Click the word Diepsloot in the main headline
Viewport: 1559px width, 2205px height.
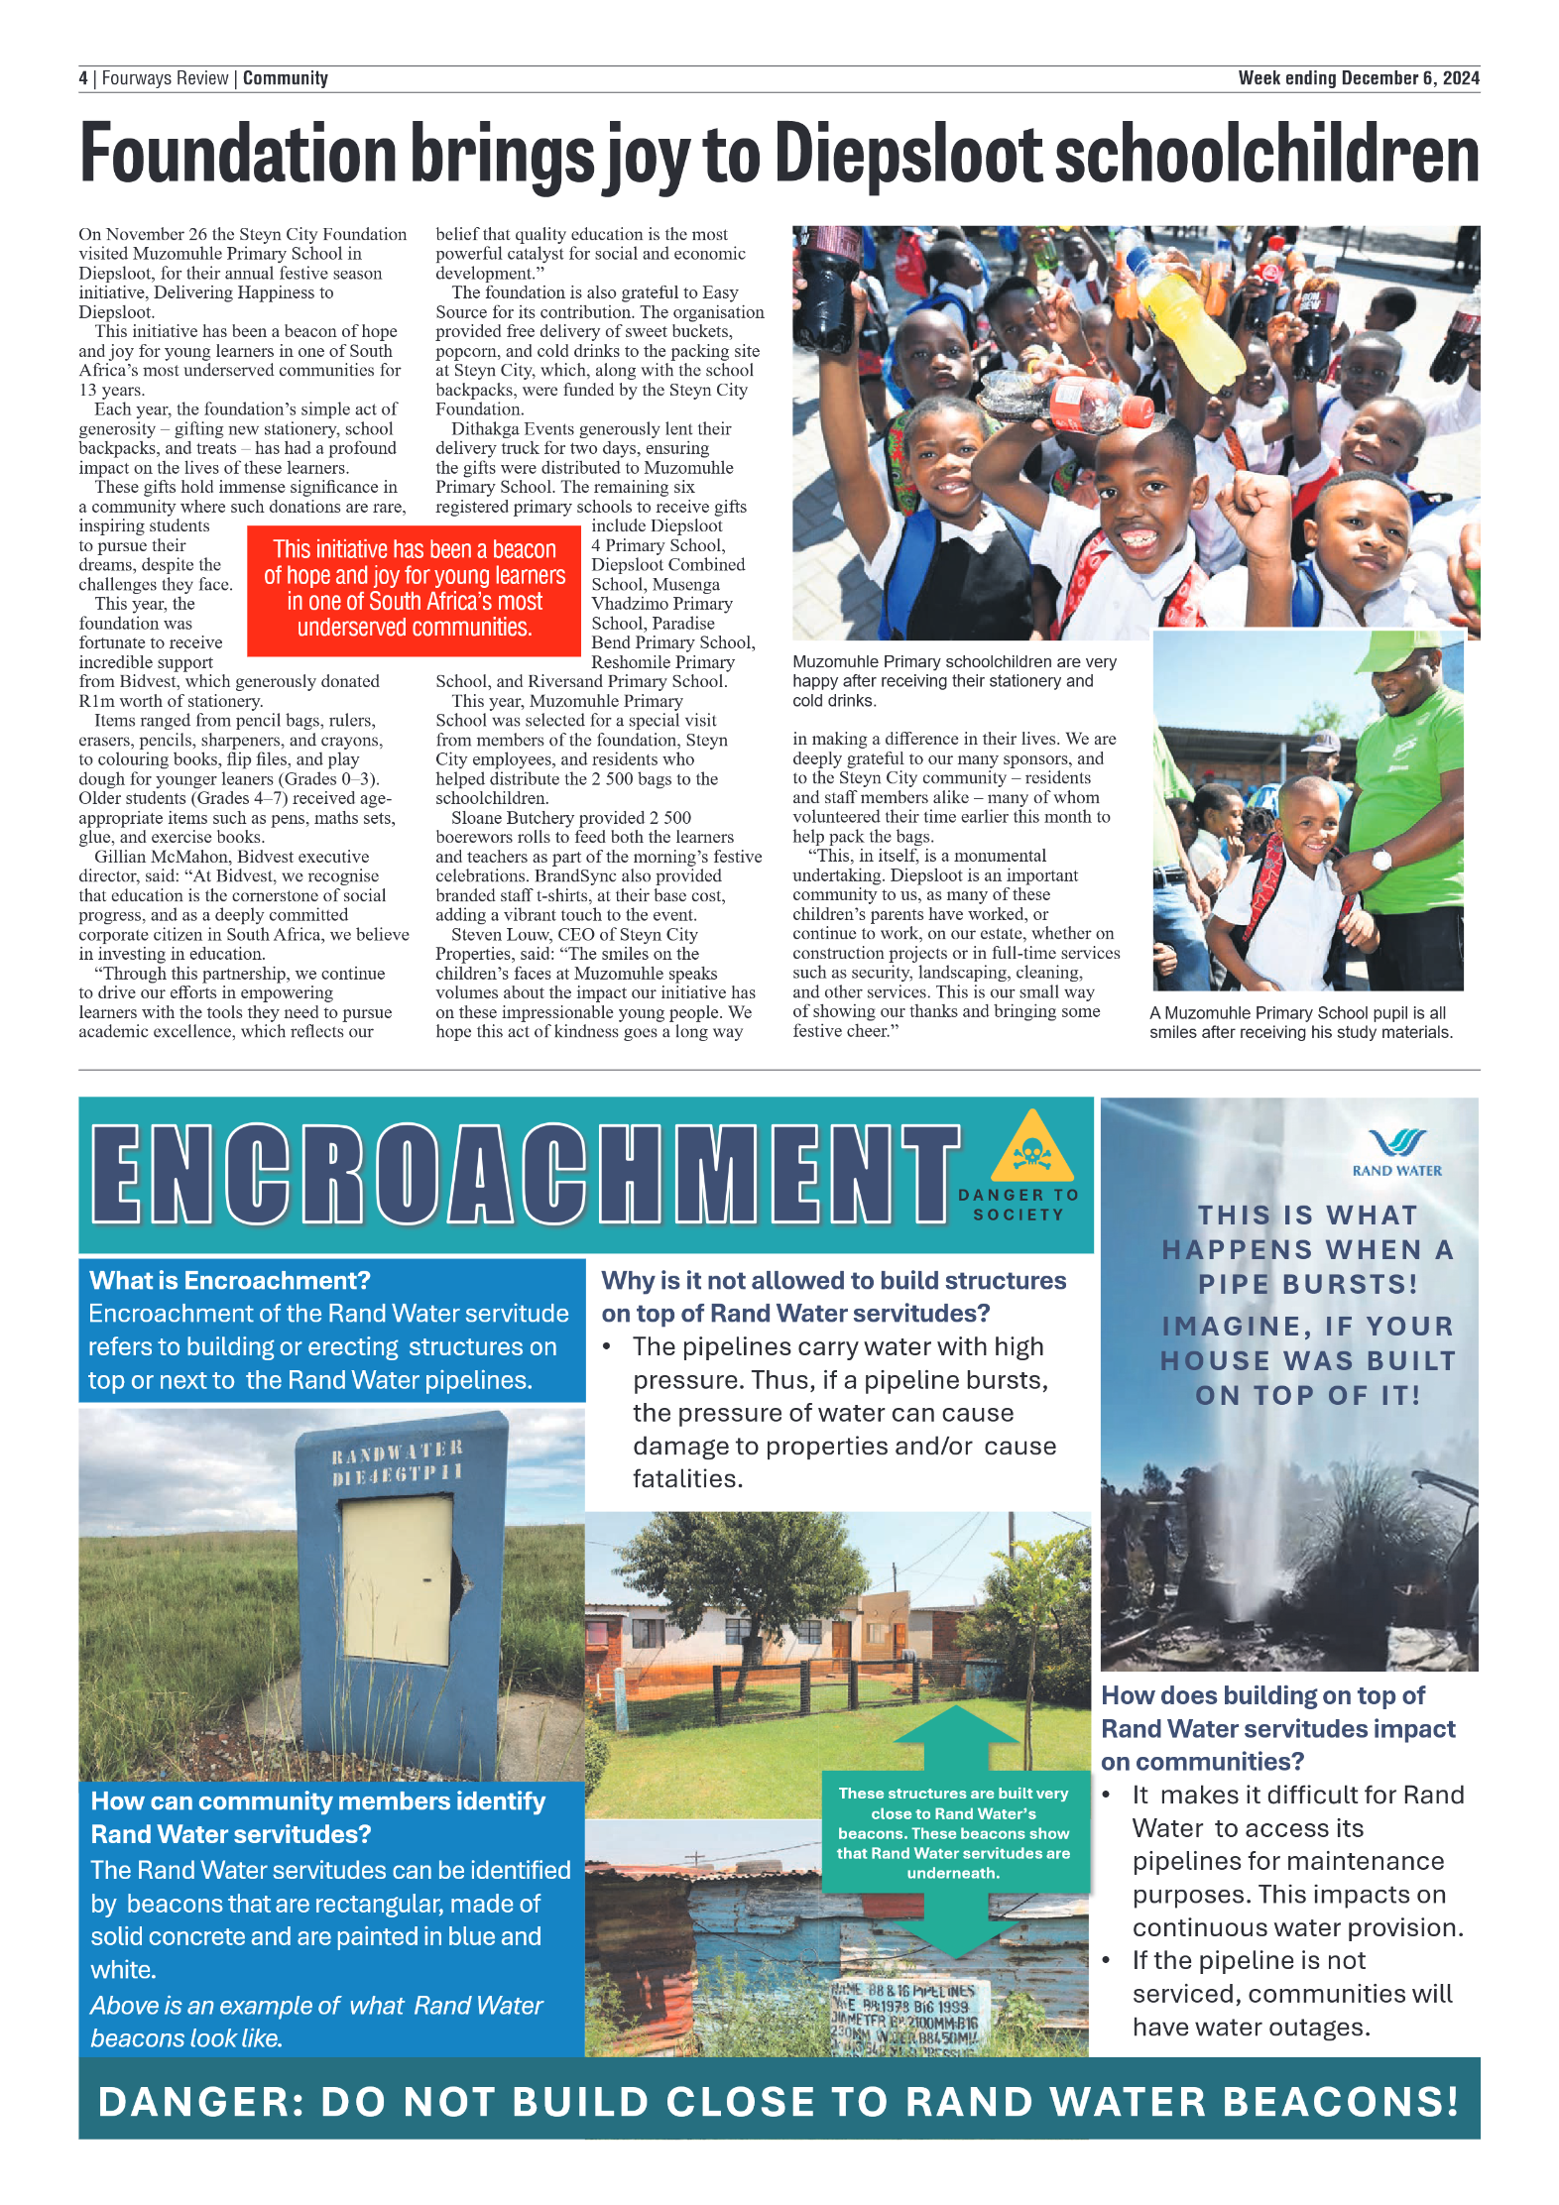[906, 154]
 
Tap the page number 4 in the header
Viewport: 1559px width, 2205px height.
[83, 78]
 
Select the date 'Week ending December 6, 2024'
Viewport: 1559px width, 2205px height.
[1358, 78]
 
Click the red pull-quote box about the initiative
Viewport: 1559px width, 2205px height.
[414, 589]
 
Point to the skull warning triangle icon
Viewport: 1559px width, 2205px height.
[1031, 1149]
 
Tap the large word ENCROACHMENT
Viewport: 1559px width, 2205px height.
[526, 1175]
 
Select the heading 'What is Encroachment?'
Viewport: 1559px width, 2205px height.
[230, 1281]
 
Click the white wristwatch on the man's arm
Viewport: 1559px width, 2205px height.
[1381, 860]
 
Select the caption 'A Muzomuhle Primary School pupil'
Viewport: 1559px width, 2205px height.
[1300, 1022]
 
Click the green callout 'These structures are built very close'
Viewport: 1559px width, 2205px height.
[953, 1832]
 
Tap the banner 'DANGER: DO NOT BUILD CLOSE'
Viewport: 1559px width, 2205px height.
[779, 2101]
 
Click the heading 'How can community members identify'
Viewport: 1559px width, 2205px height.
[317, 1816]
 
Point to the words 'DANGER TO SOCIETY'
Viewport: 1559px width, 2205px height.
[1019, 1205]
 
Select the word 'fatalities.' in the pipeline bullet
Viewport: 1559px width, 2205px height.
[687, 1479]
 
